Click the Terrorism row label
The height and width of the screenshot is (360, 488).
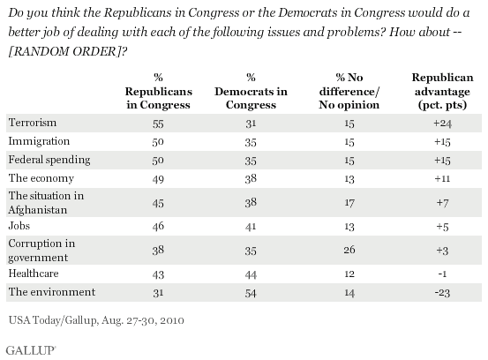coord(33,123)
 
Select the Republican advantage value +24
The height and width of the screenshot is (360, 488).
coord(442,124)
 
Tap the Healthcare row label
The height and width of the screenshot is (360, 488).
coord(34,274)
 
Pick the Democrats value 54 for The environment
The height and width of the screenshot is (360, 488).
coord(251,293)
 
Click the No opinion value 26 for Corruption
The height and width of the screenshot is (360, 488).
coord(349,250)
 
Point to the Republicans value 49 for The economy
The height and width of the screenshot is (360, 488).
coord(158,179)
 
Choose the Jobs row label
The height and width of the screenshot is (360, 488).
coord(19,225)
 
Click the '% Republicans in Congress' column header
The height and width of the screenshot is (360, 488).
coord(159,91)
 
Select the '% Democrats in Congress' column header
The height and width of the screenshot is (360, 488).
coord(251,91)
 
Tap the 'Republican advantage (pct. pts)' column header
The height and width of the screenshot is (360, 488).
coord(442,91)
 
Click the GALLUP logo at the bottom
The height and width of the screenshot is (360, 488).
coord(31,350)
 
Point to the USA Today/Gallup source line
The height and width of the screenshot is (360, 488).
coord(96,320)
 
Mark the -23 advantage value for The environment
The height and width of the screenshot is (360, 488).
coord(442,293)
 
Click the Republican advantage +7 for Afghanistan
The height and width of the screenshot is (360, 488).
coord(442,203)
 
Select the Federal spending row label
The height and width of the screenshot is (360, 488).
coord(49,160)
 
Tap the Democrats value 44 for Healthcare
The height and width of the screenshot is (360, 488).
coord(251,274)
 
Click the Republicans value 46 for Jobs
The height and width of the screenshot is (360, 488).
coord(158,226)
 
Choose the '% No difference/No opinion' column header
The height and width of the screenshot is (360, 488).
coord(349,91)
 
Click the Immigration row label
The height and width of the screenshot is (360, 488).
coord(39,141)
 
